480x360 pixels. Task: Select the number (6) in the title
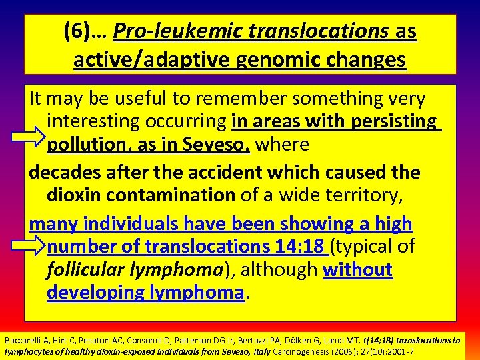77,31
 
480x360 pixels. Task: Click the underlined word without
357,269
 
